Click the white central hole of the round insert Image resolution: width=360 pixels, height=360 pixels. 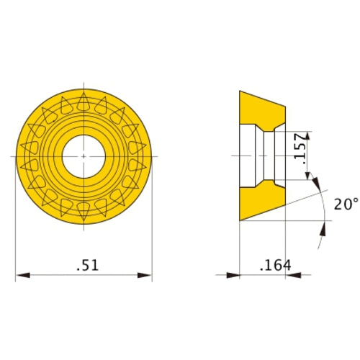[84, 156]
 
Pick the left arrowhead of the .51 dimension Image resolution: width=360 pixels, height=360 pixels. [20, 274]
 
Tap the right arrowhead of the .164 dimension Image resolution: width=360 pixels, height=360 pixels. [292, 274]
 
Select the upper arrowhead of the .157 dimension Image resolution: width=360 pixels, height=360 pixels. [309, 135]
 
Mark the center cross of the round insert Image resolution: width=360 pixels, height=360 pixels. [84, 156]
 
